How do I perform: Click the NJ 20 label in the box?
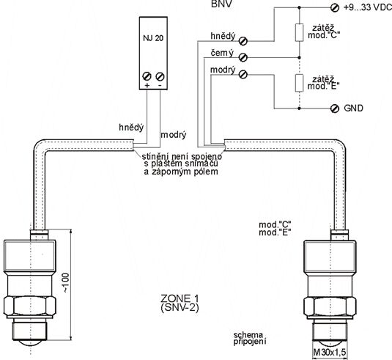point(153,38)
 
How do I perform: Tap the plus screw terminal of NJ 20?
point(147,76)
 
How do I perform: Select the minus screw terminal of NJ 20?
point(160,76)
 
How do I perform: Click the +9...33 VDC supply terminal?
point(335,8)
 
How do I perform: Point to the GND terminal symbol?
point(335,109)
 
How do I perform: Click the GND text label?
point(353,108)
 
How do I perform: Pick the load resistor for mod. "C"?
point(299,32)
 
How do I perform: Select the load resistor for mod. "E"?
point(299,83)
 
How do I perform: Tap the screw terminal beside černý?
point(243,57)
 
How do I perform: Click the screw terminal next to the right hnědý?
point(243,41)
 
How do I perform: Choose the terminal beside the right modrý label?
point(243,74)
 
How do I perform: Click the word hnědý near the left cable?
point(131,128)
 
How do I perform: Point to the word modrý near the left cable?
point(174,135)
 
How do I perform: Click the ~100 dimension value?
point(65,283)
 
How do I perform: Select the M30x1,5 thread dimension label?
point(330,353)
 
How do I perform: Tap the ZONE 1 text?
point(180,298)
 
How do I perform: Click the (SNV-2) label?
point(180,307)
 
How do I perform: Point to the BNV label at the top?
point(221,4)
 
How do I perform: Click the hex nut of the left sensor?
point(30,306)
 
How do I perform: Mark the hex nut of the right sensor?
point(330,306)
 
